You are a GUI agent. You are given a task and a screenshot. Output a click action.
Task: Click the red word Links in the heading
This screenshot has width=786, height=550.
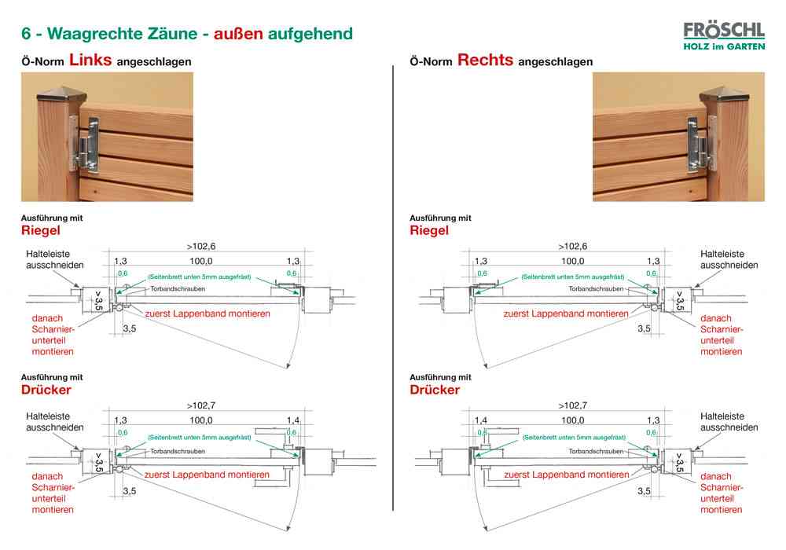click(x=90, y=60)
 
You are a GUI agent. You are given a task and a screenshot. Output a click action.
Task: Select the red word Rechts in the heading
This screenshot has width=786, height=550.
click(x=485, y=60)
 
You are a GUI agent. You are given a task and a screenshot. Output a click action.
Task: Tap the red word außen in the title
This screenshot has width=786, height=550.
click(x=238, y=34)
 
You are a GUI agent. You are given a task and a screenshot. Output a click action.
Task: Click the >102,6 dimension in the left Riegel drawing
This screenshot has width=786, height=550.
click(x=201, y=246)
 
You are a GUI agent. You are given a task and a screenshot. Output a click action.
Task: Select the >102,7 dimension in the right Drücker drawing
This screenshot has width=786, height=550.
click(x=573, y=405)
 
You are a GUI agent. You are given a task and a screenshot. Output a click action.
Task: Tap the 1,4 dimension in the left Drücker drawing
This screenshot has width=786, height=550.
click(x=293, y=420)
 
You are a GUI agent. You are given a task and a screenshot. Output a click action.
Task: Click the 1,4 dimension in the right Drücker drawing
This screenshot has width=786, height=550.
click(x=481, y=420)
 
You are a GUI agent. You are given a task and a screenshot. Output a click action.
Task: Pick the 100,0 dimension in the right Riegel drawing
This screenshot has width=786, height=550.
click(x=571, y=261)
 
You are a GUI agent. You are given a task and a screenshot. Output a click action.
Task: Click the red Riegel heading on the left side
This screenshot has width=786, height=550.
click(x=40, y=230)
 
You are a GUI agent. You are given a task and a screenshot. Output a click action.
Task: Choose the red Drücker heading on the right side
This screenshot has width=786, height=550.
click(x=435, y=390)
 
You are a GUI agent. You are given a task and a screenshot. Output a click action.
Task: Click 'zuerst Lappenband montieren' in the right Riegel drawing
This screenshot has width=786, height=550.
click(x=565, y=313)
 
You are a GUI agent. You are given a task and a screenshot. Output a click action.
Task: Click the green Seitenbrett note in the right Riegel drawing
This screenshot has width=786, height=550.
click(x=573, y=277)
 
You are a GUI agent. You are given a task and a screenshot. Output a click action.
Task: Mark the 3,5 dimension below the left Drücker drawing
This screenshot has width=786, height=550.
click(x=130, y=491)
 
